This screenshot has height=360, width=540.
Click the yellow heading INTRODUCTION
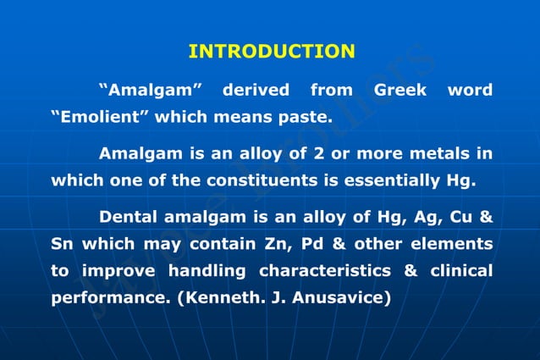coord(271,52)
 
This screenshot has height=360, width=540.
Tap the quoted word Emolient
coord(100,118)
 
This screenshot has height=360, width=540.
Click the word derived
coord(256,90)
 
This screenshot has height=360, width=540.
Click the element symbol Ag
coord(424,217)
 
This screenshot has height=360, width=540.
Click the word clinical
coord(461,271)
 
